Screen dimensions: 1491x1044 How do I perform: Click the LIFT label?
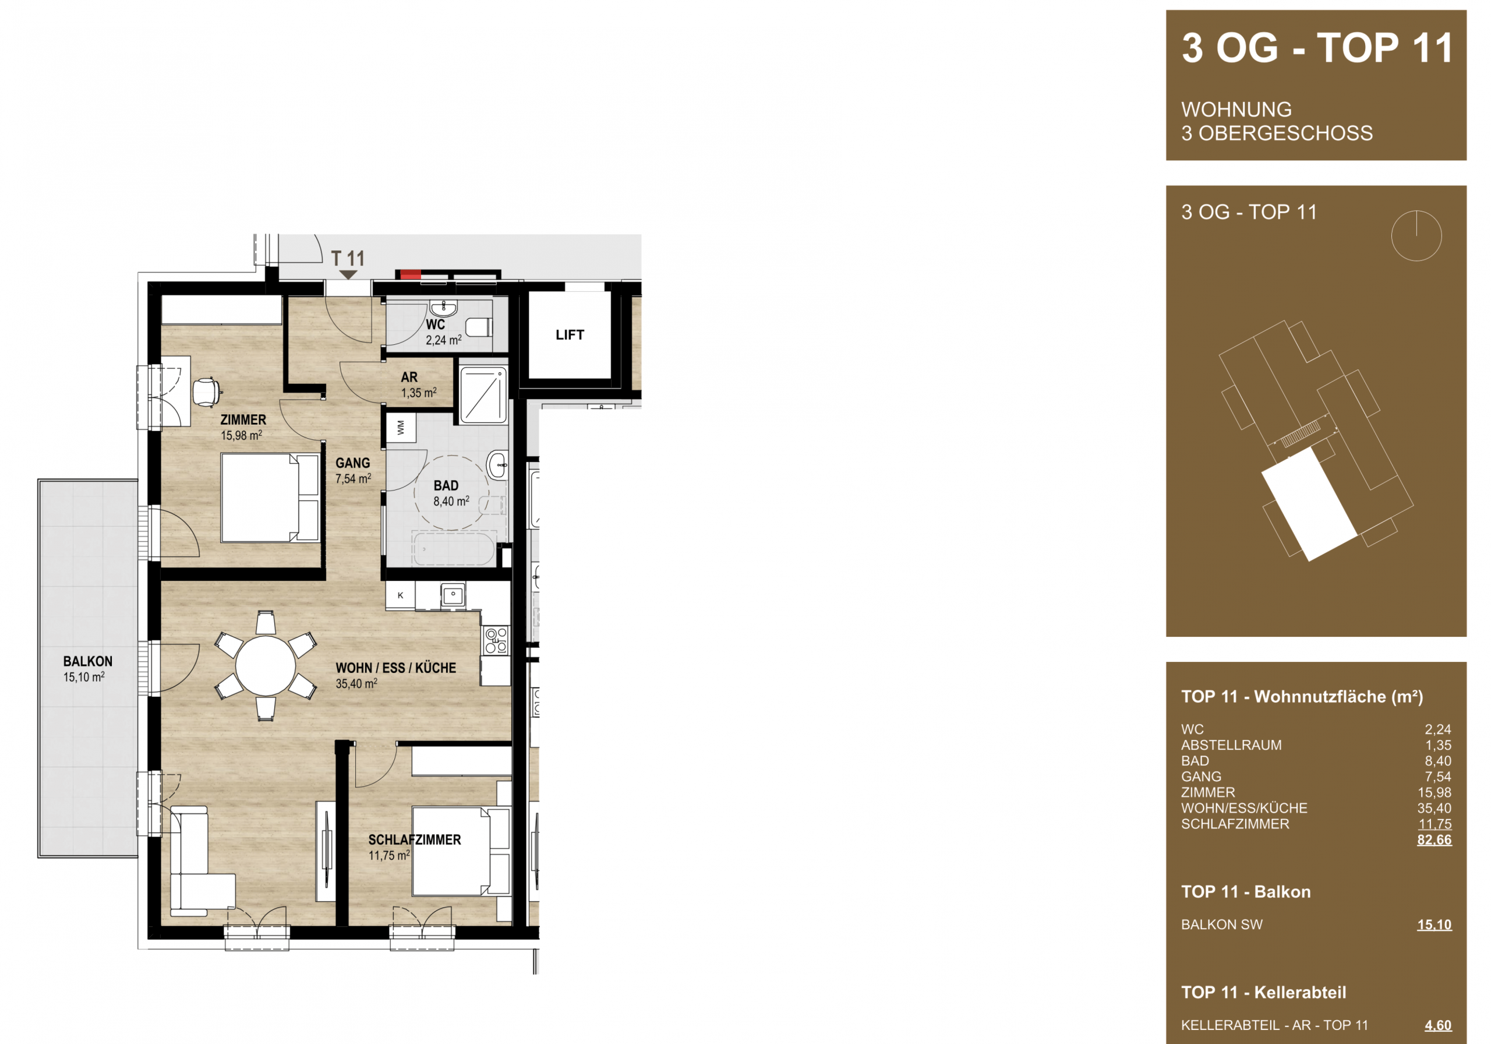click(570, 335)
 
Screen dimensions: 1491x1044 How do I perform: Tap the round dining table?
click(266, 666)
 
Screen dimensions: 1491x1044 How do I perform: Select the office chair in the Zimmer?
click(207, 391)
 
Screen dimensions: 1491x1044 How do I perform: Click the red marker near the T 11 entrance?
click(410, 275)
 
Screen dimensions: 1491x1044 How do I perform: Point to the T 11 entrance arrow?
click(349, 276)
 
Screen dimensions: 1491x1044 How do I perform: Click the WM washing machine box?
click(401, 428)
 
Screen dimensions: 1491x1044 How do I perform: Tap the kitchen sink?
click(453, 594)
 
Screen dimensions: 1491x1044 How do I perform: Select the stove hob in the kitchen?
click(496, 640)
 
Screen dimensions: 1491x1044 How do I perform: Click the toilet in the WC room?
click(479, 327)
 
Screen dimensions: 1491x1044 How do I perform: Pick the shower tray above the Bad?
click(483, 395)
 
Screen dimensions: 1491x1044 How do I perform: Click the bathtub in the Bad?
click(454, 549)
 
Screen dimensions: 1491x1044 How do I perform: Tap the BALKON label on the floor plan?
click(88, 661)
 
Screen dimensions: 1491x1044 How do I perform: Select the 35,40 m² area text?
click(356, 684)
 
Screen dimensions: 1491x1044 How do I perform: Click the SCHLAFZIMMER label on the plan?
click(414, 840)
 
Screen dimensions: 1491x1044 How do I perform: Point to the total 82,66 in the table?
click(1434, 840)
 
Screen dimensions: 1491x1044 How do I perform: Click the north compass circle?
click(1416, 236)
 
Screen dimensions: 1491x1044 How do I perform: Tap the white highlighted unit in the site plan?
click(1309, 503)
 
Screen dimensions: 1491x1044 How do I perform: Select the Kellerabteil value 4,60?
click(1438, 1026)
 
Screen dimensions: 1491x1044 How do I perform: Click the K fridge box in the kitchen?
click(401, 595)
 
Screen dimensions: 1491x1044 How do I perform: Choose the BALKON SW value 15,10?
click(1434, 925)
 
